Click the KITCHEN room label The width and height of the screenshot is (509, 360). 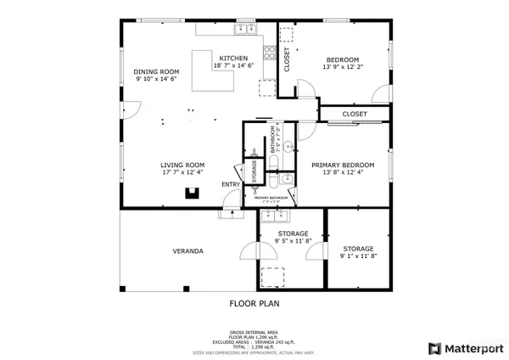tap(233, 58)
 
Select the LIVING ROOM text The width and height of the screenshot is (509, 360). tap(184, 165)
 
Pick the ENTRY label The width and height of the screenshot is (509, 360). tap(231, 184)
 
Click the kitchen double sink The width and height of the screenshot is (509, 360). tap(247, 30)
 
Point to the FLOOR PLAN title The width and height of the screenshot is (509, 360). tap(255, 302)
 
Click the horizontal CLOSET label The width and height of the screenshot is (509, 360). tap(355, 114)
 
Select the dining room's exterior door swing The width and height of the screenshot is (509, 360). tap(130, 110)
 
